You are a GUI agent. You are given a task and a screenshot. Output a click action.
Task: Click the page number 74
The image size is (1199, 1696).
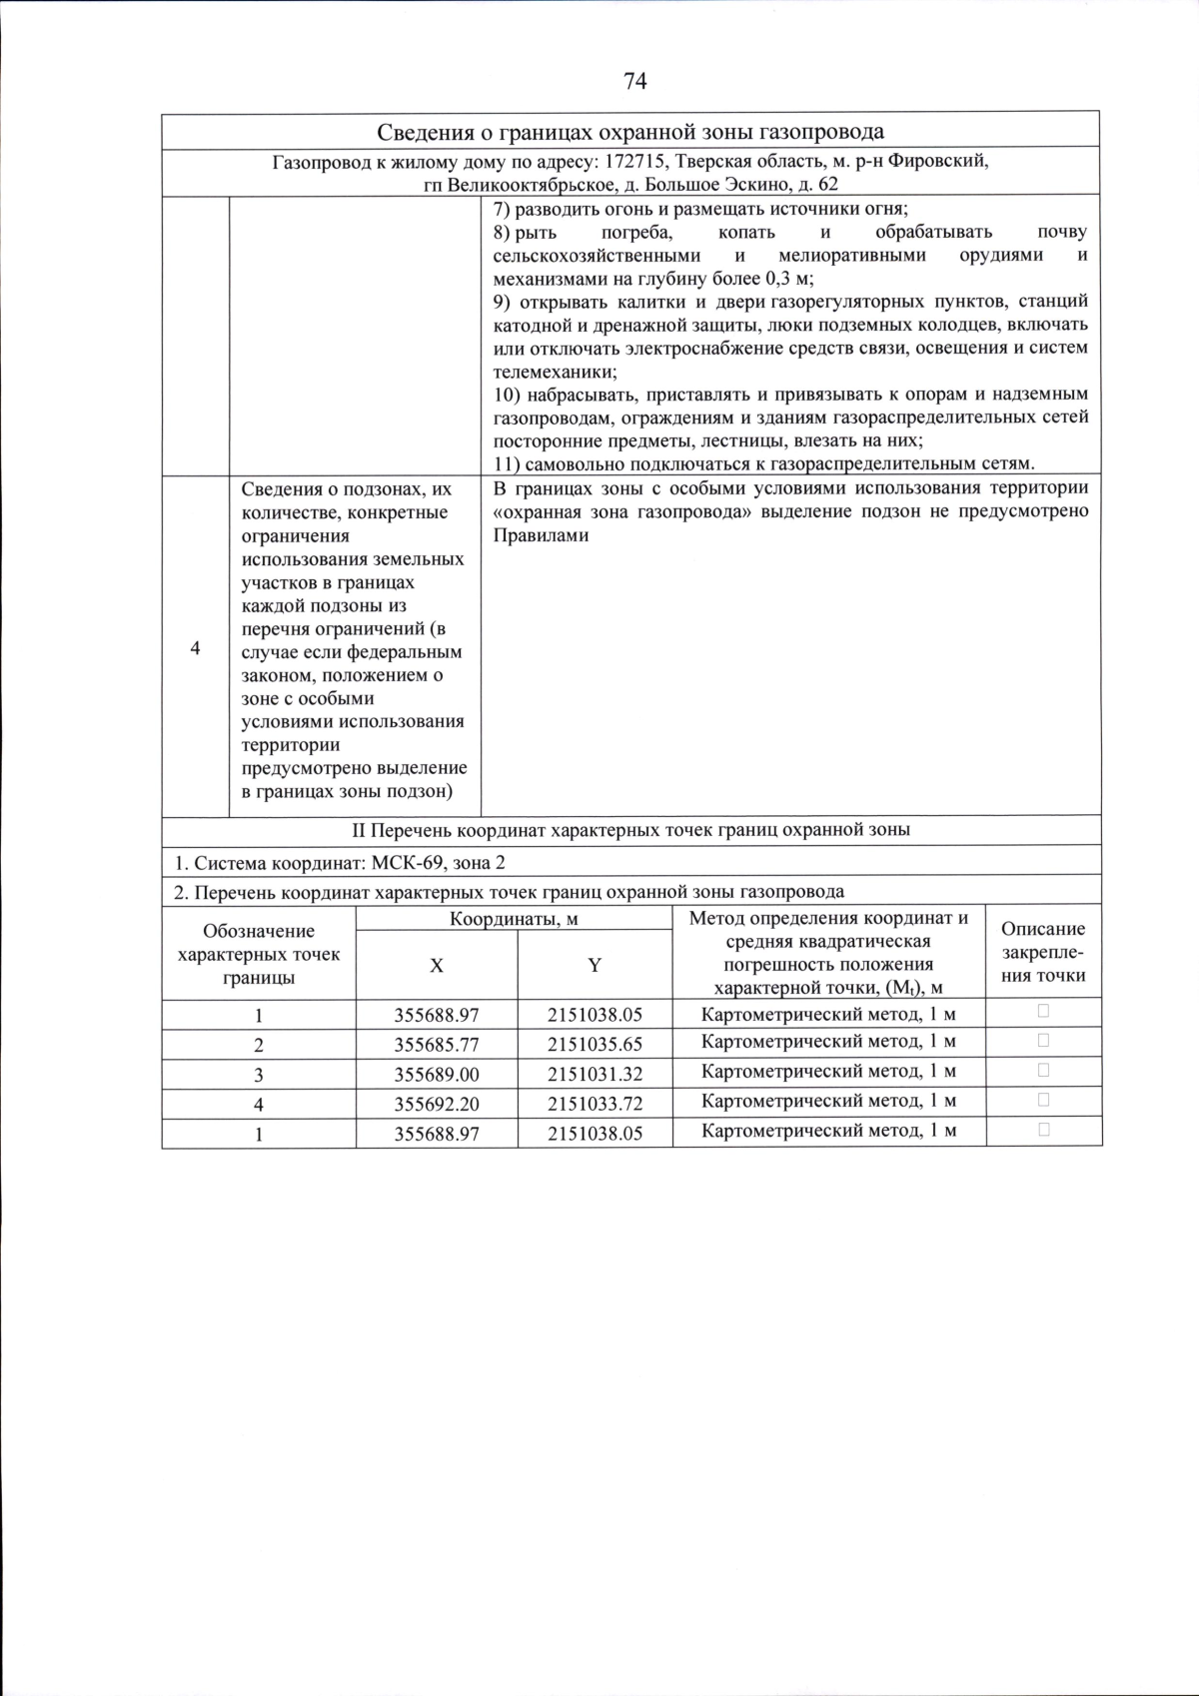[x=634, y=82]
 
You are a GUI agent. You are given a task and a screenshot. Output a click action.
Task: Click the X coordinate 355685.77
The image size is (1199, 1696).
[x=437, y=1045]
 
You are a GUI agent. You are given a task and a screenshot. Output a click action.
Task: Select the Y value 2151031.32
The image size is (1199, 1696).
[x=595, y=1075]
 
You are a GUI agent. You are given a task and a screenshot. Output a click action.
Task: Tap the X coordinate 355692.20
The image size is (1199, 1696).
[x=437, y=1104]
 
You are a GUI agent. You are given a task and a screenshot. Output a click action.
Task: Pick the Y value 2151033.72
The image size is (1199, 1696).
[x=595, y=1104]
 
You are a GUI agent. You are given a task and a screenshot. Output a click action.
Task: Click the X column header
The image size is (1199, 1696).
[x=437, y=966]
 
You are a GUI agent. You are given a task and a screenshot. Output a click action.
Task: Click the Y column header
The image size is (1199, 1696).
[x=595, y=966]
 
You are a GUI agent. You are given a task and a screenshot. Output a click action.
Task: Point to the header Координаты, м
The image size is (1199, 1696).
[x=514, y=919]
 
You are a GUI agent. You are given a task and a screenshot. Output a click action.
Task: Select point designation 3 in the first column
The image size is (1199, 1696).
[x=259, y=1075]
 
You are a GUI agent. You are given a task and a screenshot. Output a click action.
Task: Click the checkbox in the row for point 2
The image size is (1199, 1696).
[x=1043, y=1040]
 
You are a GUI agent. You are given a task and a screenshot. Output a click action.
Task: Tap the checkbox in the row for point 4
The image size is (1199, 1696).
[x=1043, y=1100]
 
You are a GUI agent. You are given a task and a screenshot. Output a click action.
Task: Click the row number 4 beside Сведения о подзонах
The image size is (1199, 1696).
[x=195, y=648]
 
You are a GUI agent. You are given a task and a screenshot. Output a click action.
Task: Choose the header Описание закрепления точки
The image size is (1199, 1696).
[x=1043, y=952]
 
